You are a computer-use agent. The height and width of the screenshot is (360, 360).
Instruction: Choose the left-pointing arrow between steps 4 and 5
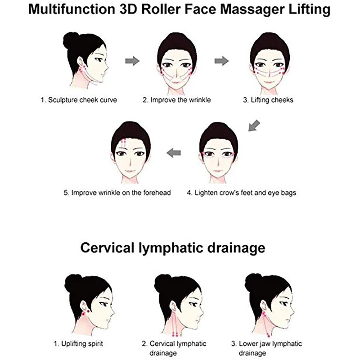pyautogui.click(x=174, y=154)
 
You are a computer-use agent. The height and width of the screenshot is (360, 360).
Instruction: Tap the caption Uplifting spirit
pyautogui.click(x=79, y=344)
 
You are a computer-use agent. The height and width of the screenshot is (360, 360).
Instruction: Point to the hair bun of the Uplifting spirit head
pyautogui.click(x=72, y=283)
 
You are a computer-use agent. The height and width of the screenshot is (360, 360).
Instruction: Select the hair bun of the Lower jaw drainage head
pyautogui.click(x=252, y=283)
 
